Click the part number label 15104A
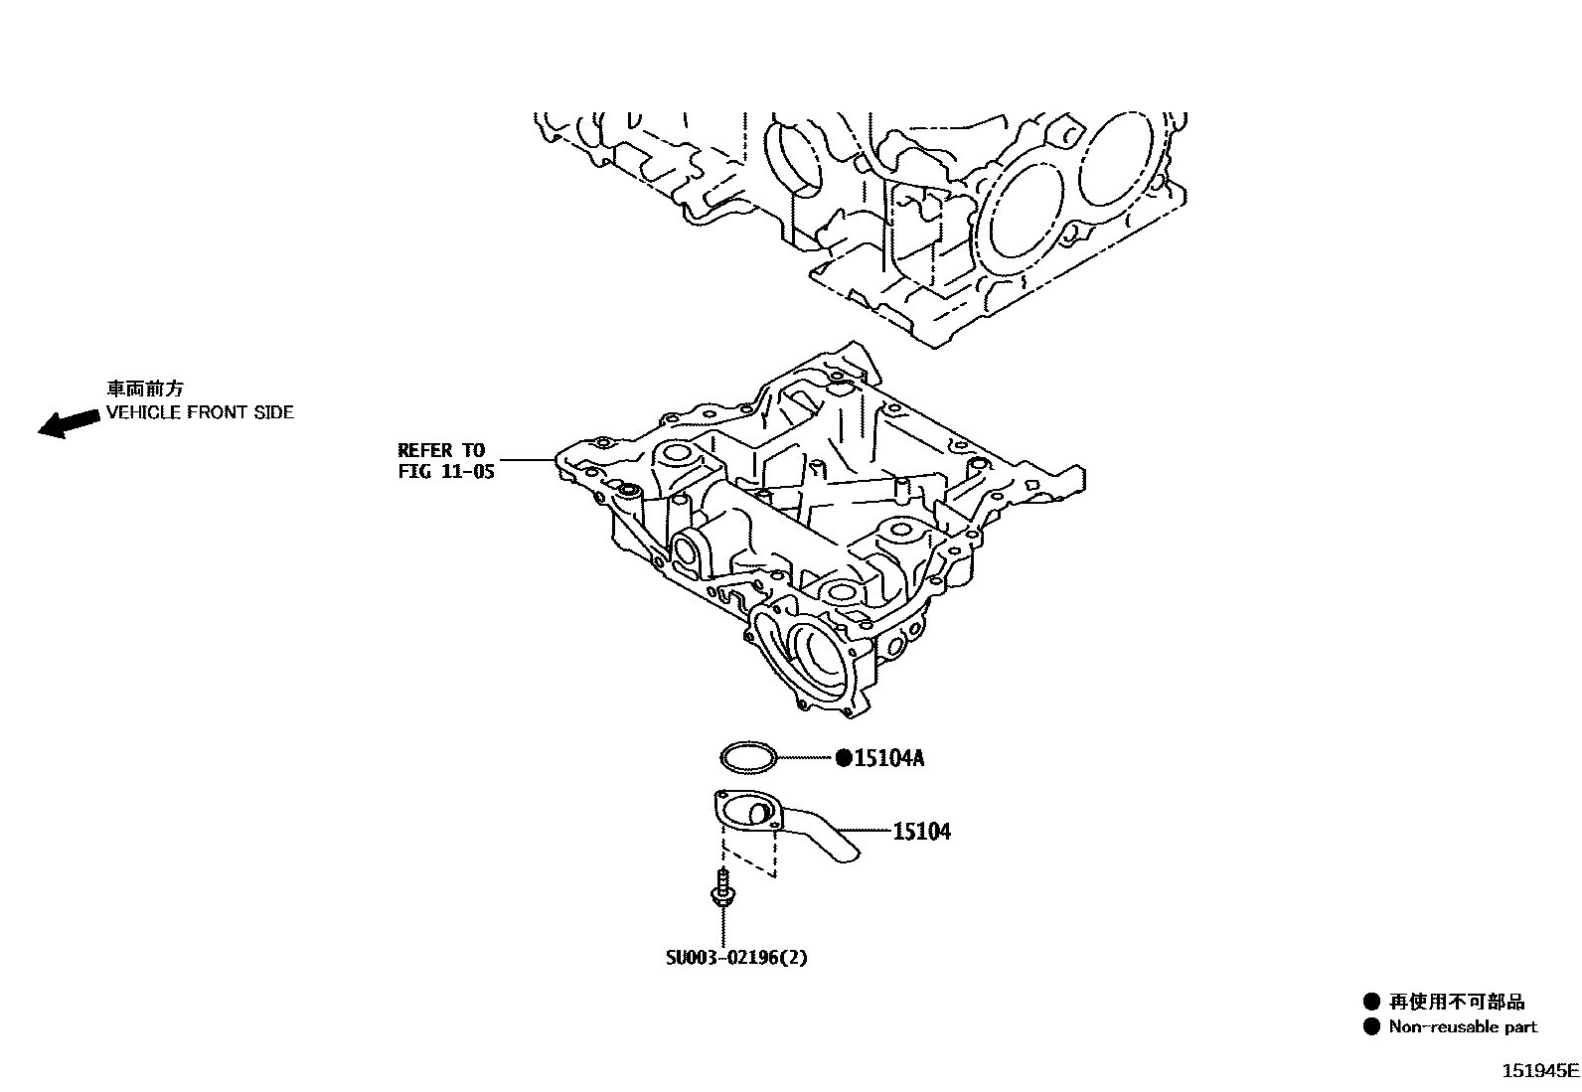pos(889,759)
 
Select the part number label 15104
pos(921,832)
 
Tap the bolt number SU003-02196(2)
pos(736,958)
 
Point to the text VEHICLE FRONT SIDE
pos(200,412)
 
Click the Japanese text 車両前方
pos(145,390)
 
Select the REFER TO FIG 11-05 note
pos(445,461)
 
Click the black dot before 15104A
pos(844,759)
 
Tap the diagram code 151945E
pos(1538,1071)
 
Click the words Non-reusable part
pos(1463,1027)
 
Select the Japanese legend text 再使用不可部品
pos(1457,1002)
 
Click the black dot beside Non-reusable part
pos(1372,1027)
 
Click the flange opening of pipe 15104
pos(745,814)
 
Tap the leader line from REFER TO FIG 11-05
pos(527,460)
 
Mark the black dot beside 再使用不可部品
pos(1372,1002)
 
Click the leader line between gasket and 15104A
pos(806,759)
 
